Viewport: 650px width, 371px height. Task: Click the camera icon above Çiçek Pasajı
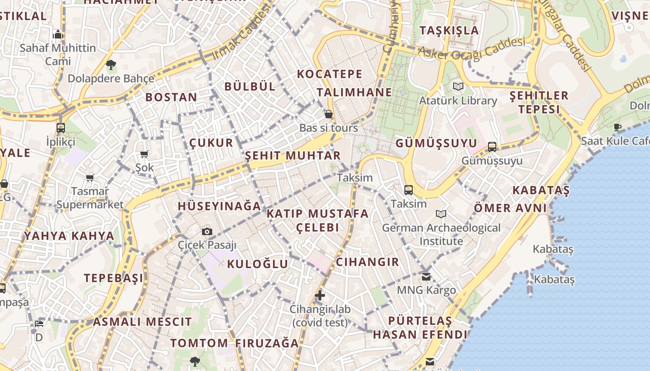(x=207, y=231)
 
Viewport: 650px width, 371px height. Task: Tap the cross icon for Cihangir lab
(x=320, y=295)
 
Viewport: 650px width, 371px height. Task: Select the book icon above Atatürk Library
(x=458, y=86)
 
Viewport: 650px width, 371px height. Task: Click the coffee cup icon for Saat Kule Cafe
(x=617, y=127)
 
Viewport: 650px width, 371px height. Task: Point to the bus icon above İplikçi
(x=61, y=128)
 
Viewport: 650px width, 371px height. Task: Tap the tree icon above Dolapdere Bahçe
(x=110, y=64)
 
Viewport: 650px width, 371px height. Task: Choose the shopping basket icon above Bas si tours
(x=329, y=114)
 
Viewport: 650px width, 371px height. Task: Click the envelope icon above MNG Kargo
(x=426, y=277)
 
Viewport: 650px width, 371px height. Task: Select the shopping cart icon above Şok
(x=144, y=154)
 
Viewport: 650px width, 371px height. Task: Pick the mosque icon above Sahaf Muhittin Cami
(x=58, y=34)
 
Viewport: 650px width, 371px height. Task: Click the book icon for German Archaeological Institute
(x=441, y=214)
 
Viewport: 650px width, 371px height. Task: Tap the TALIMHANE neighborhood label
(x=355, y=92)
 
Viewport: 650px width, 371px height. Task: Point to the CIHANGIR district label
(x=367, y=262)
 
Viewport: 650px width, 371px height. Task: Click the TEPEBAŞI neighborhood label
(x=114, y=278)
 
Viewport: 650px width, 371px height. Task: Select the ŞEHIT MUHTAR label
(x=293, y=155)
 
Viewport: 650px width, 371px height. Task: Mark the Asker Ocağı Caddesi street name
(x=471, y=48)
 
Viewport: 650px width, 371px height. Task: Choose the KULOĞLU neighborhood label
(x=258, y=264)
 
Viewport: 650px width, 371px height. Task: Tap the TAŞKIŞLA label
(x=449, y=30)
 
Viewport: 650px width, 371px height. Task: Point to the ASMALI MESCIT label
(x=142, y=321)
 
